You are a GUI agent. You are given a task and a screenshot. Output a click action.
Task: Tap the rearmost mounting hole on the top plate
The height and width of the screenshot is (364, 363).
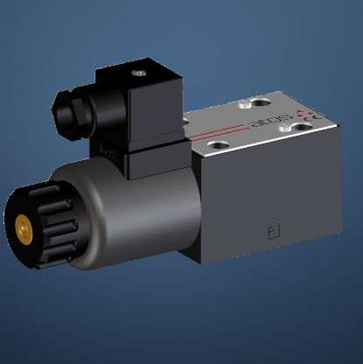(260, 101)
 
